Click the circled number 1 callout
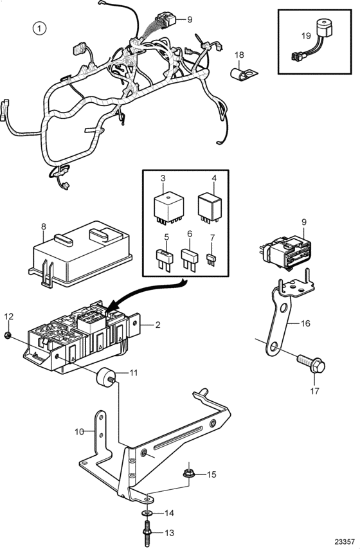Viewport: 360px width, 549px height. point(39,28)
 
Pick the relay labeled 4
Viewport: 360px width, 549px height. point(210,207)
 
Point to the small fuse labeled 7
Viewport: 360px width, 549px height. point(211,260)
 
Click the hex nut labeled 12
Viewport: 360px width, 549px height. point(7,336)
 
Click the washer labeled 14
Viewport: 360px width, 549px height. point(147,512)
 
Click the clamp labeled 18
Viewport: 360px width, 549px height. point(244,73)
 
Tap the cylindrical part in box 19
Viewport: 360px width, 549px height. point(324,27)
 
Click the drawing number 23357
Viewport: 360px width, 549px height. point(346,541)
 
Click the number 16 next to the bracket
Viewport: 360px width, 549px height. point(305,323)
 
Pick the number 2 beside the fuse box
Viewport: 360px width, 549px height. point(157,325)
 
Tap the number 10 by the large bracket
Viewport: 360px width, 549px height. point(80,432)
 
